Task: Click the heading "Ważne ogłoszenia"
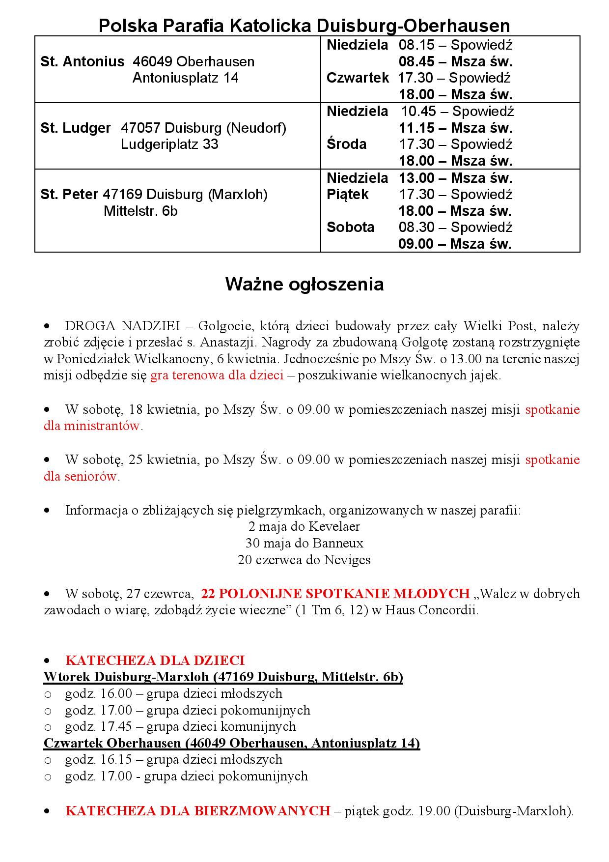(304, 285)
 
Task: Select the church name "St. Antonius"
(83, 62)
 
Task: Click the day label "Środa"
(346, 144)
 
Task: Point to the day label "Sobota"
(350, 227)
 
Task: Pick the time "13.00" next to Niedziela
(415, 177)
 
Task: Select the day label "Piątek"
(347, 195)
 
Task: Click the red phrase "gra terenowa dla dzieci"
(217, 376)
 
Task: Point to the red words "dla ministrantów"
(92, 426)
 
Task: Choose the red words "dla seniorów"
(81, 476)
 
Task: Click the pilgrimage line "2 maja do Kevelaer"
(304, 527)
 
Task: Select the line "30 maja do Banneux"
(304, 544)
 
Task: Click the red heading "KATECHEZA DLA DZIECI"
(155, 660)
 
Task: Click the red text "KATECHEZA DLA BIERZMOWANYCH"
(197, 810)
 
